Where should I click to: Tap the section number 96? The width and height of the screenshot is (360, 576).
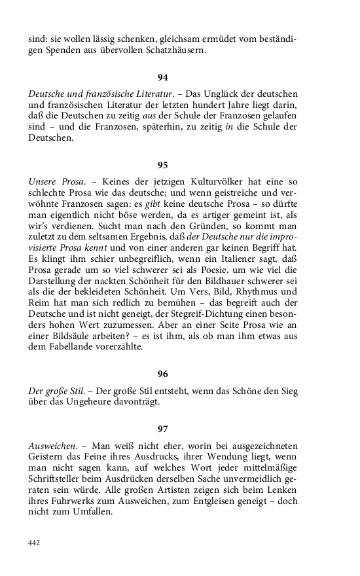point(163,374)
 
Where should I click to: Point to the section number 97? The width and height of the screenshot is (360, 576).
point(163,429)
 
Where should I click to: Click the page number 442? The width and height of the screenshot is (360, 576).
point(35,543)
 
